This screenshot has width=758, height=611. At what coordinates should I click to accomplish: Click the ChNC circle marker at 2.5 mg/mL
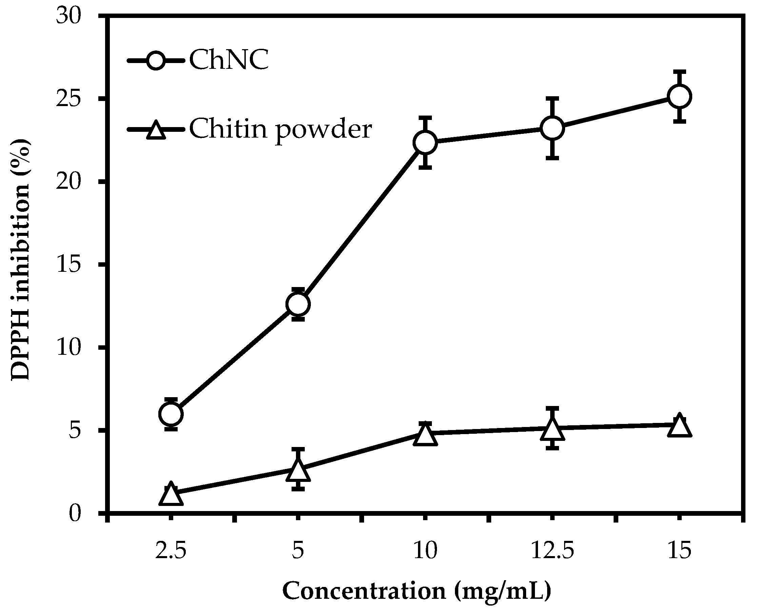tap(171, 414)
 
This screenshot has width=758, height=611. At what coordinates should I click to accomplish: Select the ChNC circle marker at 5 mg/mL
tap(298, 304)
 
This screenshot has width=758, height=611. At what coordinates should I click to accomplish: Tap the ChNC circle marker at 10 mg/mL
tap(425, 142)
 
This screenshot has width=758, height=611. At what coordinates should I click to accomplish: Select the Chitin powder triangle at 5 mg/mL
tap(298, 471)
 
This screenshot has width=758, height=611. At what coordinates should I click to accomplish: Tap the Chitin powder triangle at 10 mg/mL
tap(425, 435)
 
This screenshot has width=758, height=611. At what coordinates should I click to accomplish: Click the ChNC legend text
tap(229, 60)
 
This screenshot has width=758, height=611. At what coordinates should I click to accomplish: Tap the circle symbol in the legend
tap(155, 61)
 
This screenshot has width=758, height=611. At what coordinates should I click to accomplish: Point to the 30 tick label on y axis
tap(69, 16)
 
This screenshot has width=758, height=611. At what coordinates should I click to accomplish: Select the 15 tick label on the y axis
tap(69, 265)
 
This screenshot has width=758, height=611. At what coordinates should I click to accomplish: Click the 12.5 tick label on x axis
tap(552, 551)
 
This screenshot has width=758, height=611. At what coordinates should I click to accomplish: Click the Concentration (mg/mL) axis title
tap(417, 591)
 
